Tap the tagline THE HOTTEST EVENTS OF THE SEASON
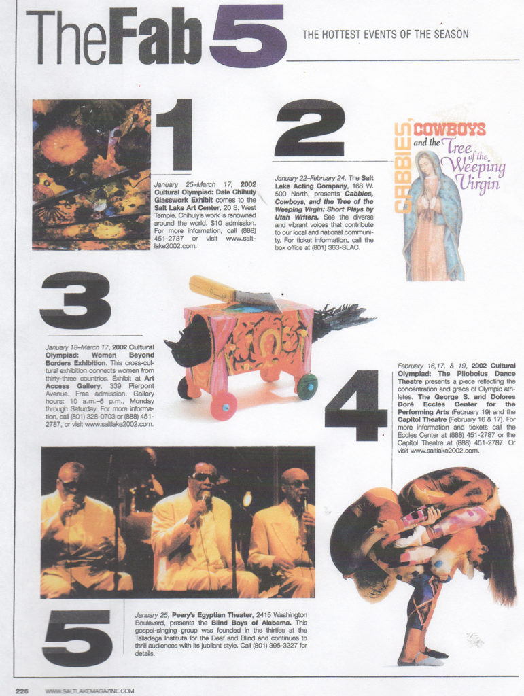pyautogui.click(x=385, y=34)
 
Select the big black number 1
pyautogui.click(x=175, y=134)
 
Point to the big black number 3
pyautogui.click(x=75, y=300)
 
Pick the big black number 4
pyautogui.click(x=355, y=405)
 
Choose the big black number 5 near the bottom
pyautogui.click(x=77, y=638)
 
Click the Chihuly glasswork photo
pyautogui.click(x=91, y=175)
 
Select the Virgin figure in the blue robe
pyautogui.click(x=432, y=217)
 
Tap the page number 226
pyautogui.click(x=22, y=690)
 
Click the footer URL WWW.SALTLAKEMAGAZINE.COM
pyautogui.click(x=89, y=690)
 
